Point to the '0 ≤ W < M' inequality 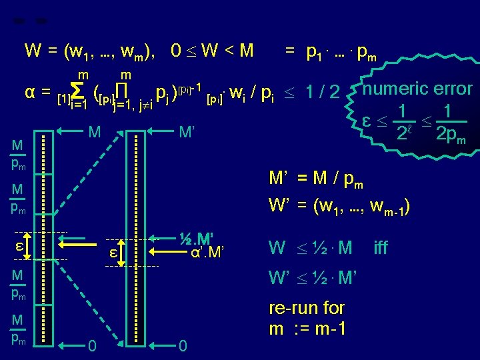coord(212,50)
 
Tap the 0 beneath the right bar coord(183,346)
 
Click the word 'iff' coord(381,249)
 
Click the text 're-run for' coord(306,308)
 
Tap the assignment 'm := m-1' coord(306,329)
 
